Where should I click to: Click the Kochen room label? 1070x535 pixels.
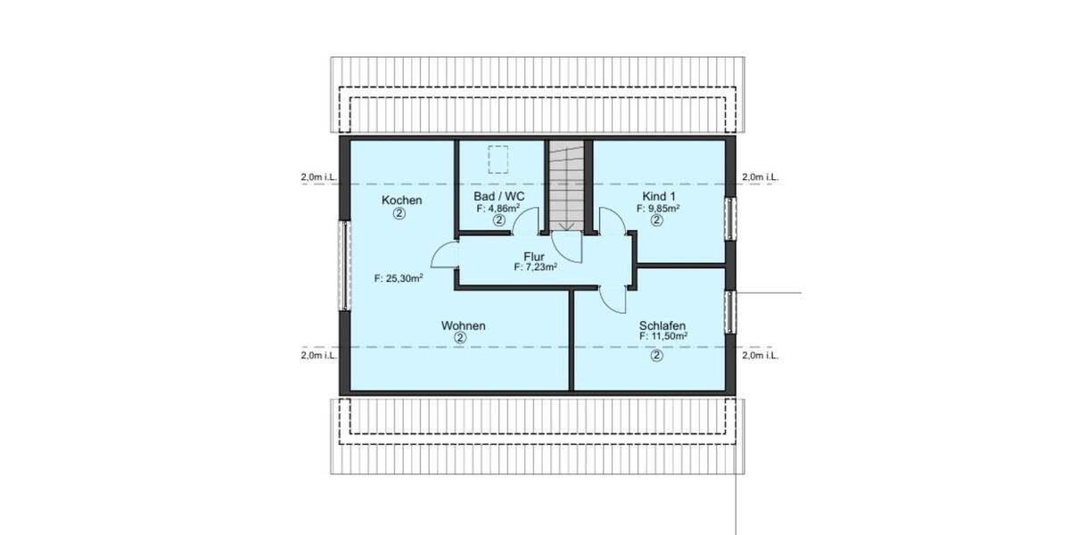pyautogui.click(x=401, y=200)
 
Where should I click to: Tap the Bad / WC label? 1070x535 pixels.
pyautogui.click(x=499, y=196)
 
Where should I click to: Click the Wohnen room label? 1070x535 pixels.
pyautogui.click(x=463, y=326)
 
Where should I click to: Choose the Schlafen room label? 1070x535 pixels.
pyautogui.click(x=662, y=325)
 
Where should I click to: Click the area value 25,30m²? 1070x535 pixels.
pyautogui.click(x=399, y=278)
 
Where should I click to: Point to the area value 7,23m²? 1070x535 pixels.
pyautogui.click(x=535, y=266)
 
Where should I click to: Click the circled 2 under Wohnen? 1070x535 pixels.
pyautogui.click(x=459, y=339)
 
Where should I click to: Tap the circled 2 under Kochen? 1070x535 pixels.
pyautogui.click(x=399, y=214)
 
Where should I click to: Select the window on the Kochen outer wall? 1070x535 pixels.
pyautogui.click(x=343, y=266)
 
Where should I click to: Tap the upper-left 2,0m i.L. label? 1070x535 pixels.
pyautogui.click(x=318, y=177)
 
